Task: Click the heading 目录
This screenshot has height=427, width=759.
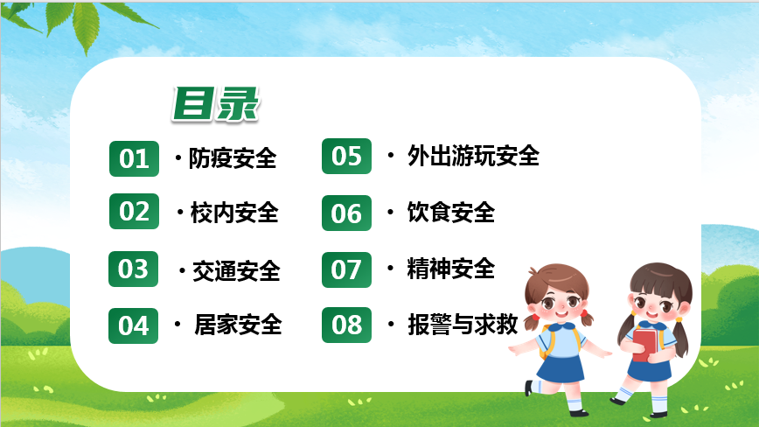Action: pos(216,103)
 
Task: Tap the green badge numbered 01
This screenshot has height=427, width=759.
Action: pos(134,158)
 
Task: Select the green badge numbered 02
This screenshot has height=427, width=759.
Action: pos(134,211)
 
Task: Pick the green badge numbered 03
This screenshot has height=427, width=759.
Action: pos(133,269)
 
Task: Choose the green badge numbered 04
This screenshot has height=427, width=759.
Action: pos(133,325)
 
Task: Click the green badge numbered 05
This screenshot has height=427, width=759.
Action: pos(346,157)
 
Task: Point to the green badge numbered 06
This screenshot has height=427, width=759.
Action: pos(346,213)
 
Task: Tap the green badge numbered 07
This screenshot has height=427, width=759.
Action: pos(346,269)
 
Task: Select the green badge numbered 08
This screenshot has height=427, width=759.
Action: pos(346,325)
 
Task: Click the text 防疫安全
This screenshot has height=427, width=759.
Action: pos(233,158)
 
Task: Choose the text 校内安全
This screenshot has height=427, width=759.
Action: pos(234,213)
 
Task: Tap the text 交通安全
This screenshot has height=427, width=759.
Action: pos(236,271)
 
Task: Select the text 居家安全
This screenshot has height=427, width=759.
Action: pos(238,325)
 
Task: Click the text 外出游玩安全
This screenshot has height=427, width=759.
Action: pos(473,156)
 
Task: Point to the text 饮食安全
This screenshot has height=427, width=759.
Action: pos(451,213)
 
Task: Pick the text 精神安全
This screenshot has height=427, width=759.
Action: pos(451,269)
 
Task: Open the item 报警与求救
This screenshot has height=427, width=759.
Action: pos(463,325)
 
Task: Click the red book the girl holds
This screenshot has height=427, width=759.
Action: pos(644,345)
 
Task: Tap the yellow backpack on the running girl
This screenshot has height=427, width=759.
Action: pos(547,342)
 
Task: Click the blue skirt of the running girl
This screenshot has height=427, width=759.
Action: pos(561,368)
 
